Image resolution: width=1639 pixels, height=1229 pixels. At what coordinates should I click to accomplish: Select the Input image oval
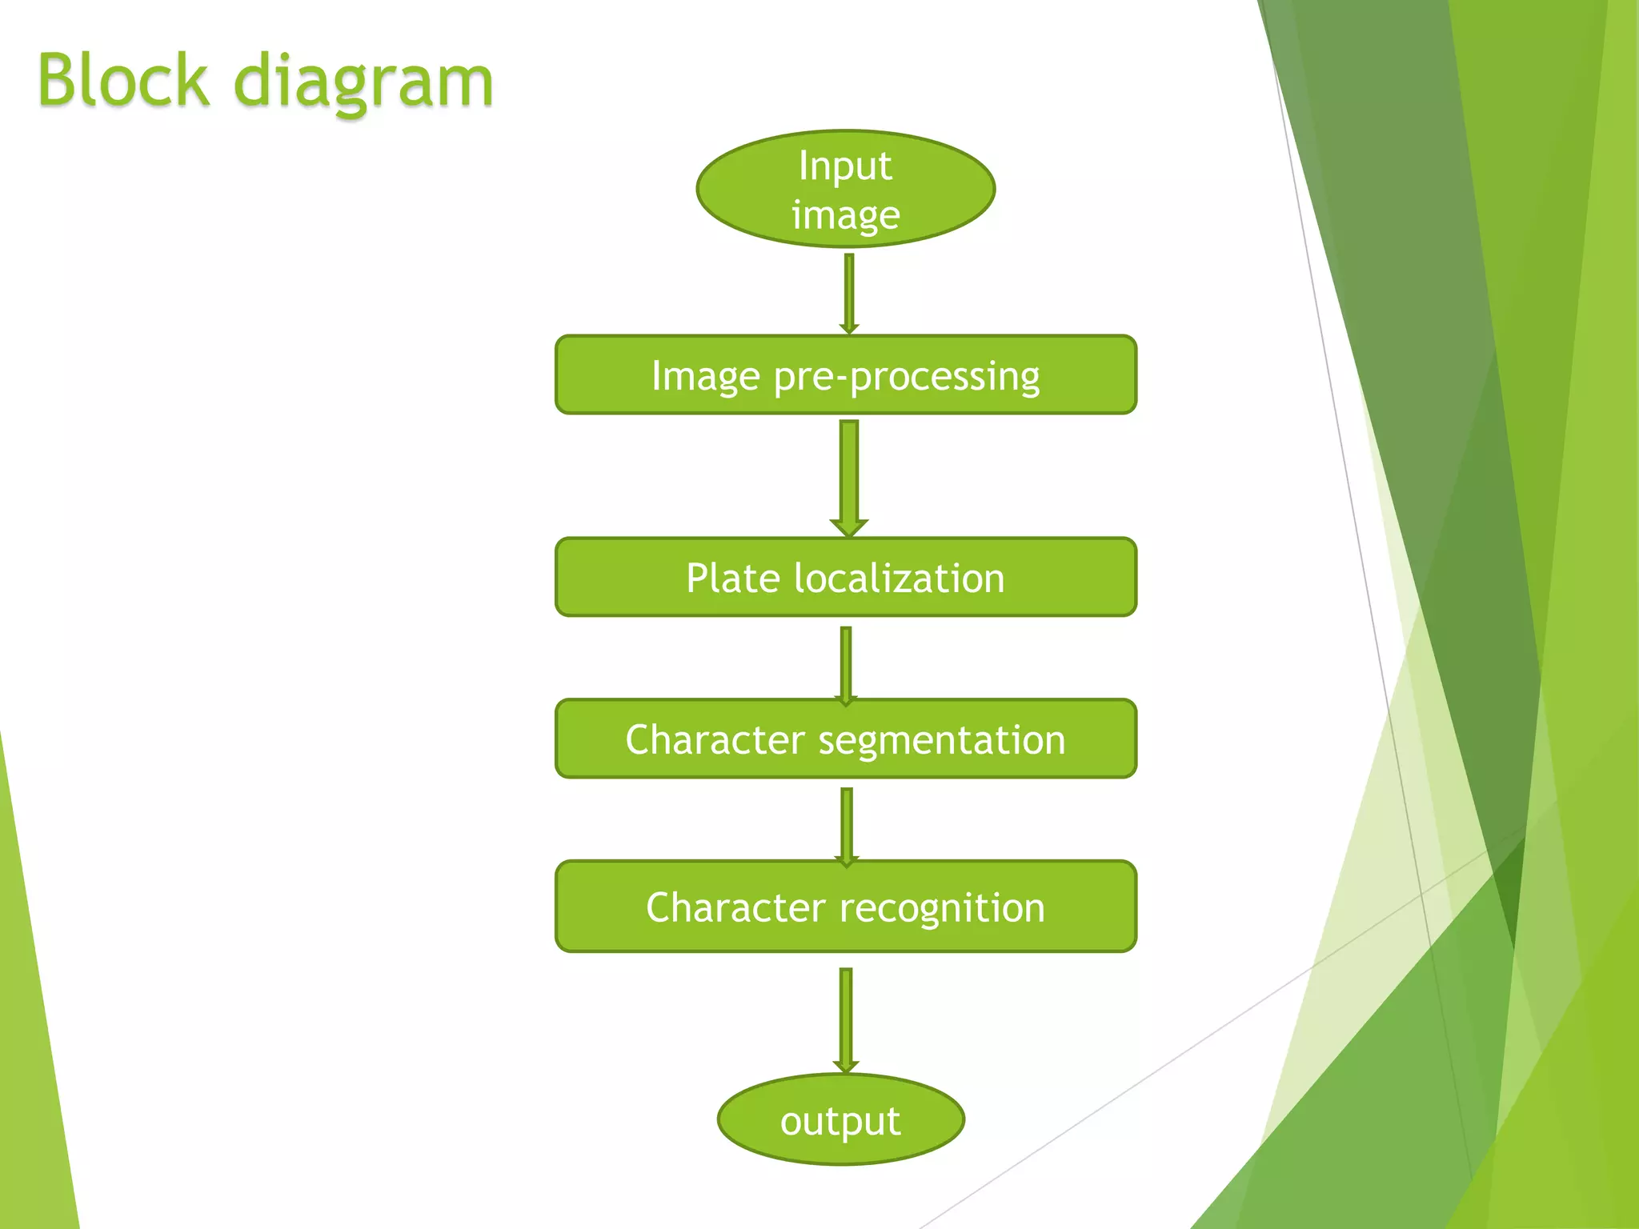click(845, 189)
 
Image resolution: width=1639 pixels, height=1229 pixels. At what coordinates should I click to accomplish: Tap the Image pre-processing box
click(845, 374)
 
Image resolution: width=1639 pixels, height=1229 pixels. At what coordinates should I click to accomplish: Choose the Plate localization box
click(845, 577)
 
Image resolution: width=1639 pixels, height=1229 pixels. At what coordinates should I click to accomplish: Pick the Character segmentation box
click(845, 739)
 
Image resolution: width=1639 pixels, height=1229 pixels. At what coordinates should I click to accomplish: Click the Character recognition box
click(845, 907)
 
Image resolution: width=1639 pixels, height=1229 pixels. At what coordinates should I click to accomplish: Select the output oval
click(840, 1119)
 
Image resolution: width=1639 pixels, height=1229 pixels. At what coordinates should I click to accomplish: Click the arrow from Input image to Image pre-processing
click(849, 292)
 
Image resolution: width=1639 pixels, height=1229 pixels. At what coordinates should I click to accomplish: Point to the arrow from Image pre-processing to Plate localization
click(849, 476)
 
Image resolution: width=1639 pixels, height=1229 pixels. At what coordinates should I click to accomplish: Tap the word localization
click(899, 578)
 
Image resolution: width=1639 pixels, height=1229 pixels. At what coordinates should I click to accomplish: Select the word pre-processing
click(906, 376)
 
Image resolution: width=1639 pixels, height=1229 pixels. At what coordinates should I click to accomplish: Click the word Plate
click(732, 578)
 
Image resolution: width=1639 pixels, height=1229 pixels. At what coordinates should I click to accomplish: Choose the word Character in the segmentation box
click(715, 739)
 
